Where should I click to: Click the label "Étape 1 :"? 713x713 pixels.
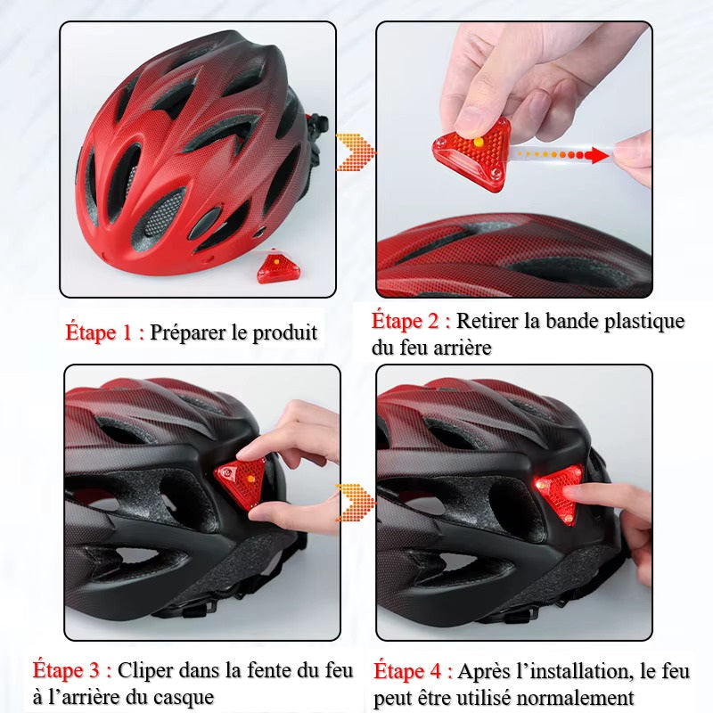pyautogui.click(x=105, y=332)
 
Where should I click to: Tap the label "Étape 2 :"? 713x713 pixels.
pyautogui.click(x=411, y=321)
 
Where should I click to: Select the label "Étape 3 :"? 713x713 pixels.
pyautogui.click(x=72, y=670)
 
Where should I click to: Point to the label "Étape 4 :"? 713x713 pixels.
pyautogui.click(x=413, y=671)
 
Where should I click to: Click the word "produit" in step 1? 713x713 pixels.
pyautogui.click(x=284, y=333)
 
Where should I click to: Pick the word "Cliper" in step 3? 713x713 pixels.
pyautogui.click(x=145, y=671)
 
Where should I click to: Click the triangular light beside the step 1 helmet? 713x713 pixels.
pyautogui.click(x=278, y=266)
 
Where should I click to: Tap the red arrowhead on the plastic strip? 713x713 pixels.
pyautogui.click(x=596, y=155)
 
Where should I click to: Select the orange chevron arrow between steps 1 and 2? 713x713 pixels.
pyautogui.click(x=356, y=152)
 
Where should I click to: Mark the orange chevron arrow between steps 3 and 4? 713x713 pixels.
pyautogui.click(x=356, y=503)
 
